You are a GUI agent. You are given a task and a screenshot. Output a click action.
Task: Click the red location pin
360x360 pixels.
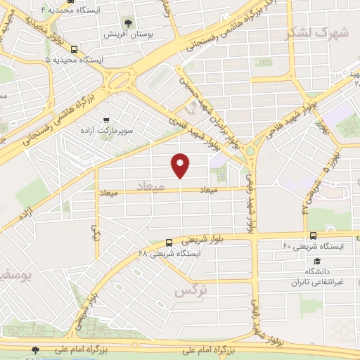pyautogui.click(x=181, y=165)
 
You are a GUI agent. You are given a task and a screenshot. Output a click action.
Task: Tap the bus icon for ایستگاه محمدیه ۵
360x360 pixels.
pyautogui.click(x=75, y=50)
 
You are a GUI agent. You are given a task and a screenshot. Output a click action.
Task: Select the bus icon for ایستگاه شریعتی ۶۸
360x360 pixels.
pyautogui.click(x=169, y=243)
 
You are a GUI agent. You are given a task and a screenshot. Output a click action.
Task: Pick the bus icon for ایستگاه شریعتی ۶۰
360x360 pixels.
pyautogui.click(x=312, y=236)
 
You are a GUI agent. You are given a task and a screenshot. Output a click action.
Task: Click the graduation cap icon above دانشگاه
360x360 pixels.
pyautogui.click(x=311, y=259)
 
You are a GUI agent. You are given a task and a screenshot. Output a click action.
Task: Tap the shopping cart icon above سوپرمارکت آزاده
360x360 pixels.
pyautogui.click(x=106, y=120)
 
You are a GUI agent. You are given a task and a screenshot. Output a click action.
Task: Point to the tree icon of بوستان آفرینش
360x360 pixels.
pyautogui.click(x=128, y=22)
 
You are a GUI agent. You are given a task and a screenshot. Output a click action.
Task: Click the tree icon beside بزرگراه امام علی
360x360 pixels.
pyautogui.click(x=36, y=349)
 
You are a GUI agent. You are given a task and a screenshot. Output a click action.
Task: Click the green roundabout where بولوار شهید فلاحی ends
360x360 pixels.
pyautogui.click(x=250, y=150)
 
